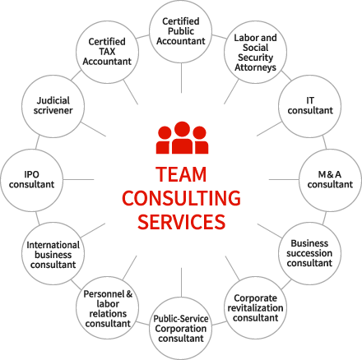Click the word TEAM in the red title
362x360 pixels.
tap(181, 174)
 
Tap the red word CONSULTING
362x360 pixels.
tap(181, 198)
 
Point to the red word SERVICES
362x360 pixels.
tap(181, 222)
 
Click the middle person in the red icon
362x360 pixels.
tap(182, 137)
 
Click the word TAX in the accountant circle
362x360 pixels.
tap(107, 52)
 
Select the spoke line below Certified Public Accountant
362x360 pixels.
tap(181, 78)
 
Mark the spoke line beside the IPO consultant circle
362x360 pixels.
tap(79, 180)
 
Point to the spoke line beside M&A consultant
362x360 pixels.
tap(284, 180)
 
